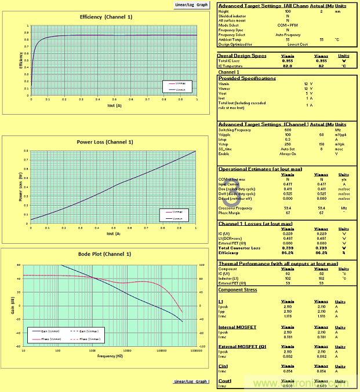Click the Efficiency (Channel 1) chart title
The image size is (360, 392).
[106, 17]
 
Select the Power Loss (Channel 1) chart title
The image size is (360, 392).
[106, 142]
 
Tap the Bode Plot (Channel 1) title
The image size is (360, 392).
[105, 254]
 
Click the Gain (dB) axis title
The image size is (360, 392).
[12, 305]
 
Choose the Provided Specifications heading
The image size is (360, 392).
[248, 78]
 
